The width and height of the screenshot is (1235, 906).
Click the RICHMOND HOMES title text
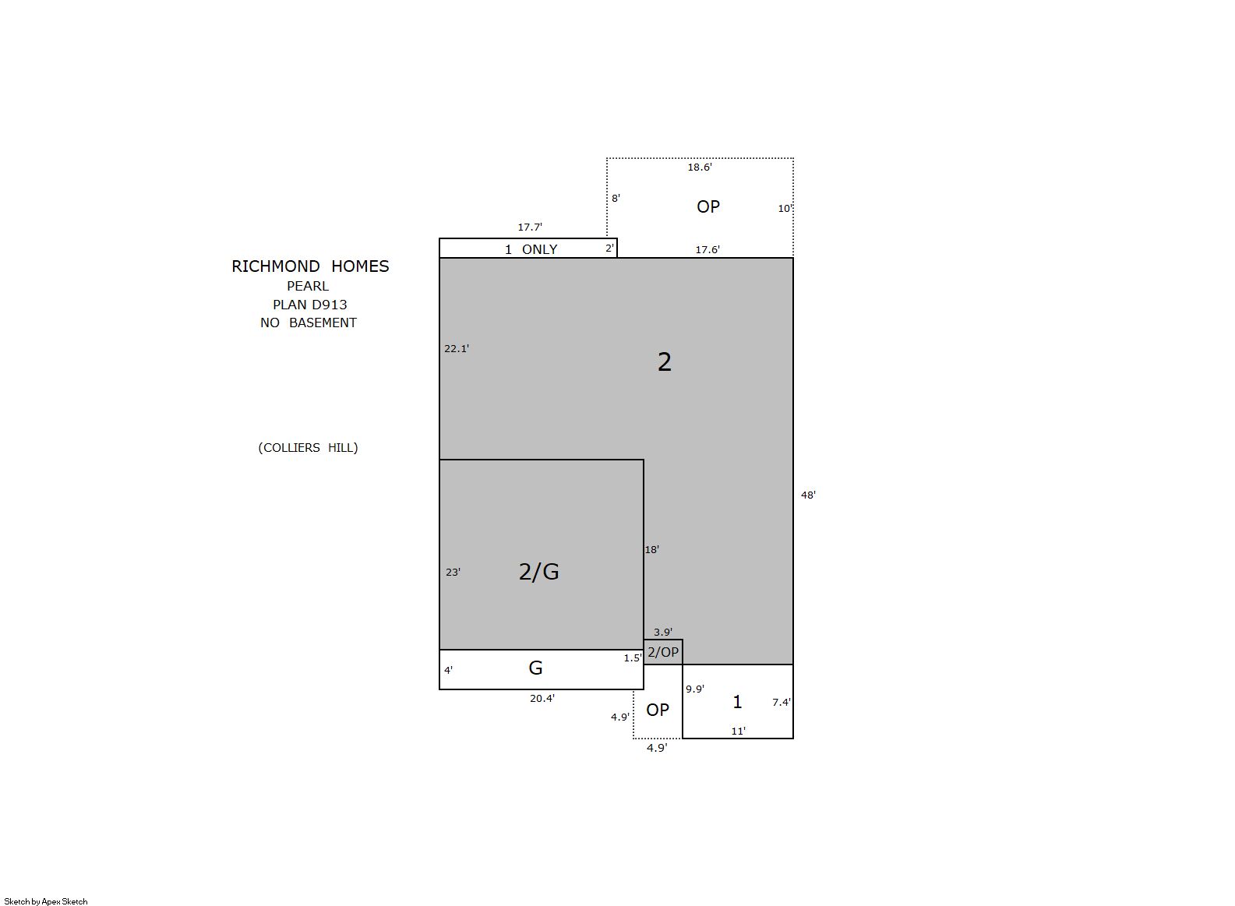click(x=310, y=266)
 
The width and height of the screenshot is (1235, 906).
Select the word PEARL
click(x=308, y=286)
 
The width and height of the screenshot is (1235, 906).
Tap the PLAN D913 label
click(x=310, y=305)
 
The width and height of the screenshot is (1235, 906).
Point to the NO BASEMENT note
click(x=309, y=323)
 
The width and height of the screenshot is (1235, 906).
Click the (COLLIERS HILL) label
click(x=309, y=447)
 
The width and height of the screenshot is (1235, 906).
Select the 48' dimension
click(x=808, y=495)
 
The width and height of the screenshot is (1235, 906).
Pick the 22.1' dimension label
click(x=457, y=348)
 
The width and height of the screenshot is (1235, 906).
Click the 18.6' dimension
click(x=700, y=167)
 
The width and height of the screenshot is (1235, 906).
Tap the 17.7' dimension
click(x=530, y=227)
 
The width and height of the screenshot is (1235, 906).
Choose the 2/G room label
click(x=538, y=572)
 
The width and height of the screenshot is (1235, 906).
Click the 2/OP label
click(x=663, y=652)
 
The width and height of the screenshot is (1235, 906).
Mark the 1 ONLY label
click(x=531, y=249)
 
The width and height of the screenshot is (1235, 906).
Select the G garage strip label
click(x=535, y=668)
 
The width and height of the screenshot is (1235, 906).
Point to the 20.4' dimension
click(x=542, y=698)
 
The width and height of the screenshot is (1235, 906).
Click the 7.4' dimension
click(x=782, y=702)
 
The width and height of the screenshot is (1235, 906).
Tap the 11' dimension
click(x=738, y=731)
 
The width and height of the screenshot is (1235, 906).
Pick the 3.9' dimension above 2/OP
click(x=663, y=632)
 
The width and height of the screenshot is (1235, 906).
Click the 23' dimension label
click(x=453, y=572)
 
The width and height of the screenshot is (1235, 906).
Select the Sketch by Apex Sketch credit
click(x=46, y=901)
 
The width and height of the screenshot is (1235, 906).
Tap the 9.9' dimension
click(x=695, y=689)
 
